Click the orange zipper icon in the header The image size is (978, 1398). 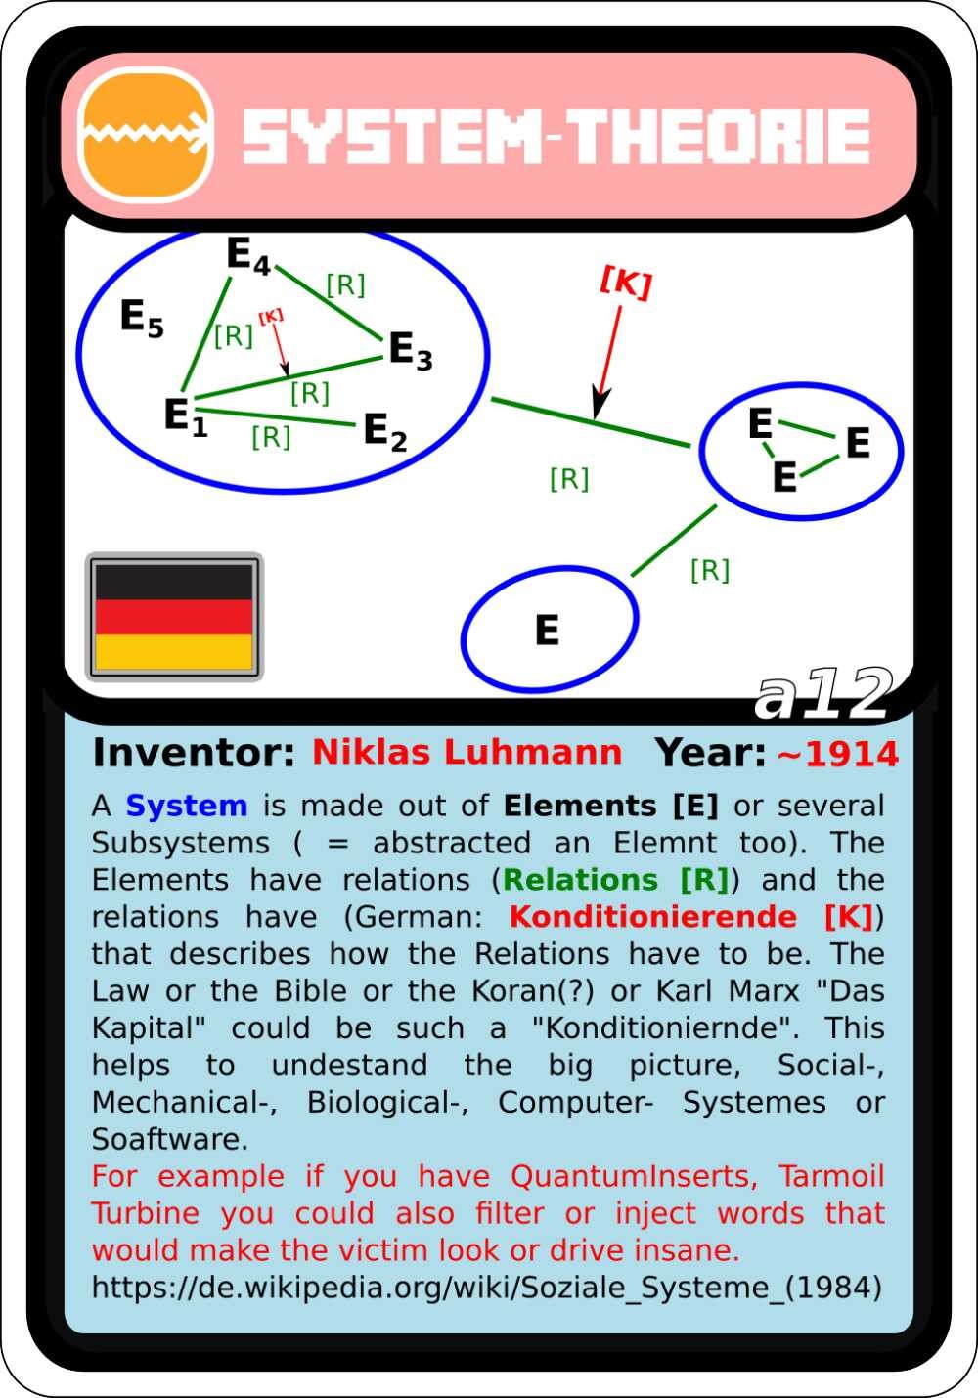tap(146, 135)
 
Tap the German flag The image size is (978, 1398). tap(174, 617)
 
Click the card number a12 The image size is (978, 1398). tap(823, 694)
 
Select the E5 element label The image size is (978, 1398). tap(142, 318)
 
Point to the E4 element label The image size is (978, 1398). tap(248, 255)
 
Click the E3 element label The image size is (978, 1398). tap(411, 351)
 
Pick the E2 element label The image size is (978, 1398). tap(384, 432)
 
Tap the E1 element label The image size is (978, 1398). tap(186, 416)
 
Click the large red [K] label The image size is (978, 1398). tap(626, 283)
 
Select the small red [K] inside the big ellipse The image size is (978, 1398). tap(271, 317)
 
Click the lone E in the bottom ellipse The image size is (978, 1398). tap(547, 630)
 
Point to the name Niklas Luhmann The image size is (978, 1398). tap(467, 752)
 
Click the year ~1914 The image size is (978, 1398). tap(838, 754)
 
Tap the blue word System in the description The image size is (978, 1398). tap(187, 807)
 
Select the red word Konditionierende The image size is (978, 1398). tap(653, 917)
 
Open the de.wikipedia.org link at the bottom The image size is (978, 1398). tap(487, 1287)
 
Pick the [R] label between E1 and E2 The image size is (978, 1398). tap(271, 438)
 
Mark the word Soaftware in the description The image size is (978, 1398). tap(170, 1139)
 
